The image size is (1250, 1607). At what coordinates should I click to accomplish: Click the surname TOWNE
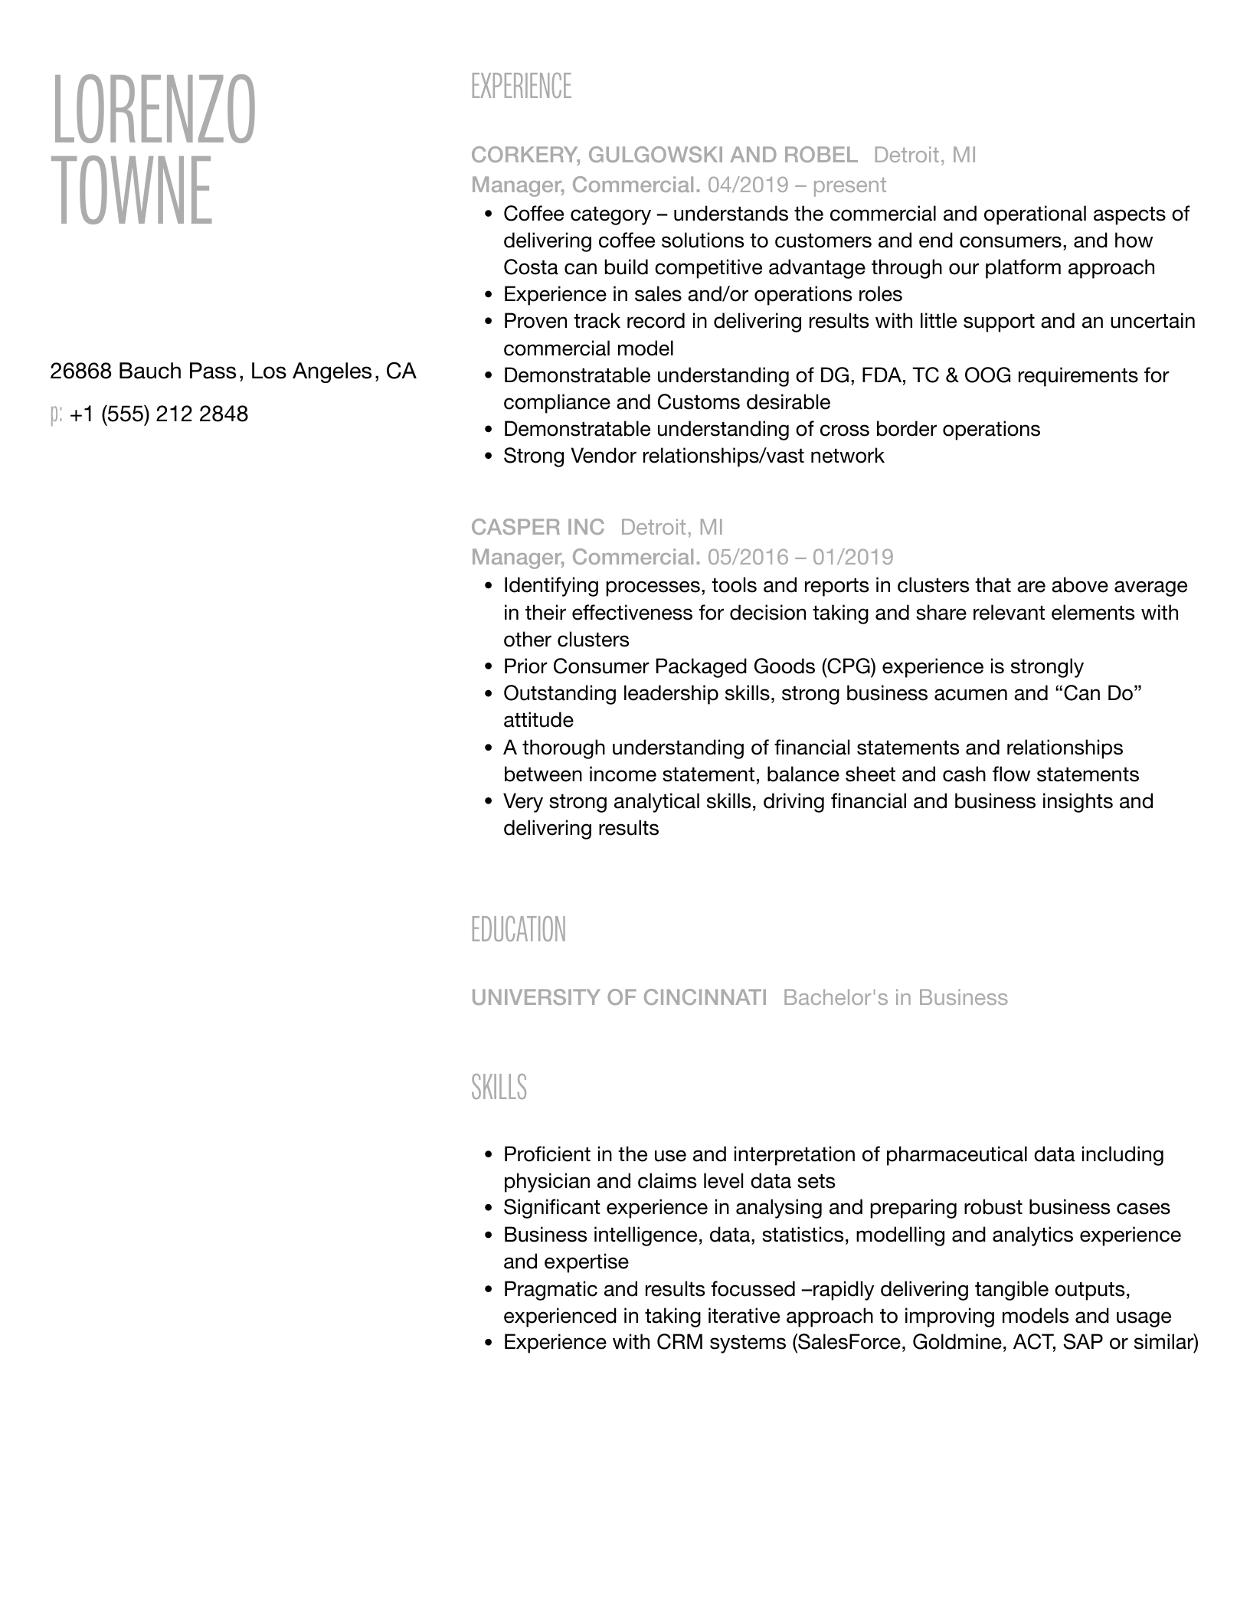pos(131,191)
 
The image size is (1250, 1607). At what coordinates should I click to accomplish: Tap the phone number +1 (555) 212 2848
pos(159,414)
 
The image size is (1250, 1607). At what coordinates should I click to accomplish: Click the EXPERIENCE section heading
pos(521,87)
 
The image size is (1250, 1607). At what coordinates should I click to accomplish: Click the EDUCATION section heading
pos(518,930)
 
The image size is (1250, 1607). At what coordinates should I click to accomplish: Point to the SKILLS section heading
pos(499,1088)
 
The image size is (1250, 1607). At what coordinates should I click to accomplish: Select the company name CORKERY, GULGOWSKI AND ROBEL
pos(664,155)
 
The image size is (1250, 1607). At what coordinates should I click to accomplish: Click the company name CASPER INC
pos(537,527)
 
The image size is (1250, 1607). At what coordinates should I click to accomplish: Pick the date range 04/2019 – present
pos(797,185)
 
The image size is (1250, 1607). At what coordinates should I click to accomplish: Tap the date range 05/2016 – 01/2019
pos(800,557)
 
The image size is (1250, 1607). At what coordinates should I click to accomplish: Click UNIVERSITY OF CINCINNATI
pos(618,997)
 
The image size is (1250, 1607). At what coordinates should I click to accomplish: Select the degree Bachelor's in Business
pos(895,997)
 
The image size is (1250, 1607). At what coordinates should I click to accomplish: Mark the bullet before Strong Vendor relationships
pos(487,457)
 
